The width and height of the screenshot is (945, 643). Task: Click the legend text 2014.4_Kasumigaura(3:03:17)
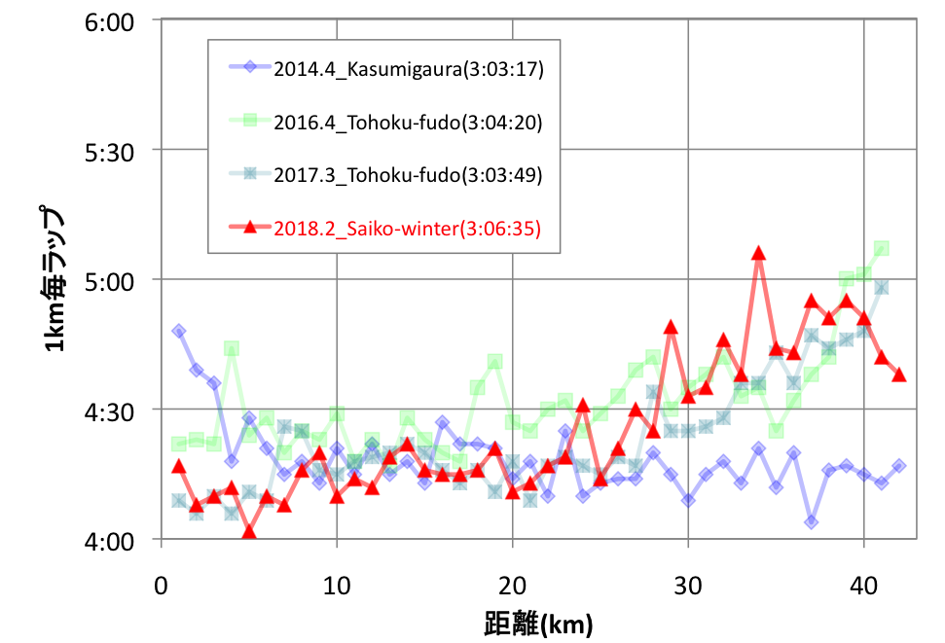pos(408,69)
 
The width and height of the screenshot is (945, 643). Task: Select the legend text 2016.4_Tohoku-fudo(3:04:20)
pos(408,122)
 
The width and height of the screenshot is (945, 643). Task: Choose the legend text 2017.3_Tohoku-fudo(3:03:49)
pos(408,175)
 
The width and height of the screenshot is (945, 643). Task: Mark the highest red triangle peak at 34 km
pos(758,254)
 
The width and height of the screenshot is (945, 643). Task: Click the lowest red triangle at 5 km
pos(249,532)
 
